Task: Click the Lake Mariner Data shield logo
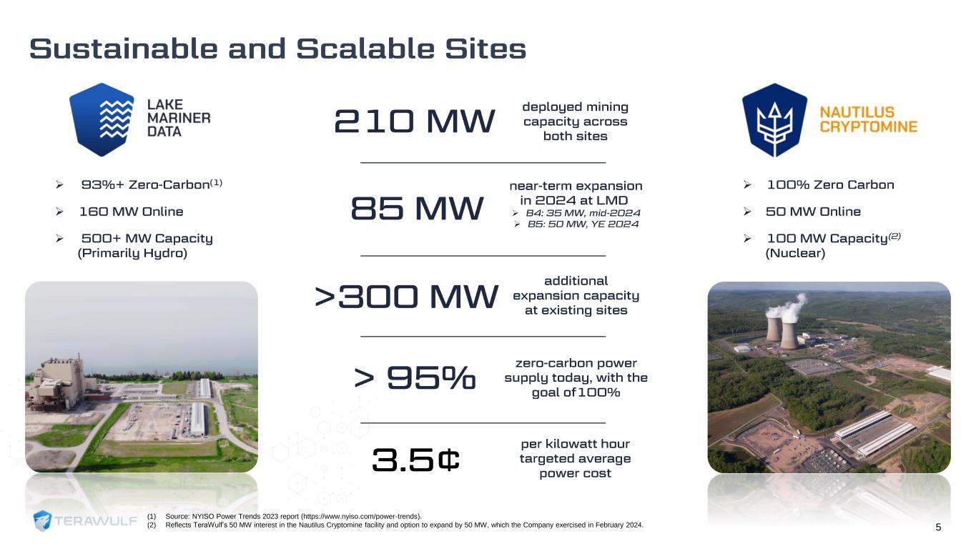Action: point(102,120)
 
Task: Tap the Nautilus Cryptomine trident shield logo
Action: point(774,120)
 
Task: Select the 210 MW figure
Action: point(415,121)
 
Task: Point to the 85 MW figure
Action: point(417,208)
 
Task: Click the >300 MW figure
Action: point(406,297)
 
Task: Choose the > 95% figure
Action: point(415,377)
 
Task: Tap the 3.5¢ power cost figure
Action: point(416,460)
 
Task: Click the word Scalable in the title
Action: point(365,49)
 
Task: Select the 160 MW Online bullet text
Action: point(131,212)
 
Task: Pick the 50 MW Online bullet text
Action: point(813,212)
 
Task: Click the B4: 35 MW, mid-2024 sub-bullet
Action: point(583,213)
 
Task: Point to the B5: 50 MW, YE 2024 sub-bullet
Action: point(583,224)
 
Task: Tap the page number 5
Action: point(938,528)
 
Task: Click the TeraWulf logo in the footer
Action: point(85,520)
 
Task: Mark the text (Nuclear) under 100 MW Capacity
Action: point(795,253)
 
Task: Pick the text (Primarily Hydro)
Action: point(132,253)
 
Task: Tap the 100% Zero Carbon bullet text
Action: point(830,184)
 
